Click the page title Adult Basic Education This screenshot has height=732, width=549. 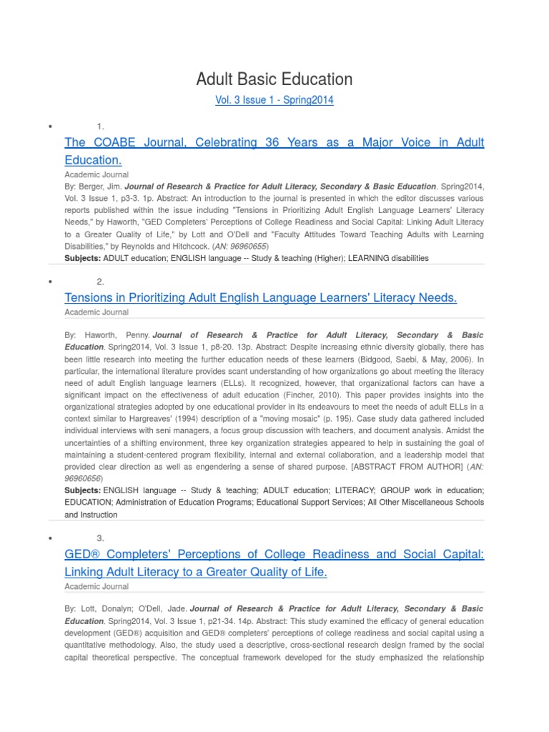pyautogui.click(x=274, y=79)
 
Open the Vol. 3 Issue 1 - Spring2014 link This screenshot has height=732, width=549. pyautogui.click(x=274, y=101)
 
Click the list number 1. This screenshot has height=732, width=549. pyautogui.click(x=101, y=127)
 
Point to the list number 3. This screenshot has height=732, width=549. pyautogui.click(x=101, y=538)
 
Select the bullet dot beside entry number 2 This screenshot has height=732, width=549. pyautogui.click(x=51, y=282)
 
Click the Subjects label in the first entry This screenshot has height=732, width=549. pyautogui.click(x=83, y=258)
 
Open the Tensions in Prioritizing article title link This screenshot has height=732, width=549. pyautogui.click(x=260, y=297)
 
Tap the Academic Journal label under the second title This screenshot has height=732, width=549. pyautogui.click(x=97, y=312)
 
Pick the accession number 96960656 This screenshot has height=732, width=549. pyautogui.click(x=84, y=478)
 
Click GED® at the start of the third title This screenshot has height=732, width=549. pyautogui.click(x=82, y=554)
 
